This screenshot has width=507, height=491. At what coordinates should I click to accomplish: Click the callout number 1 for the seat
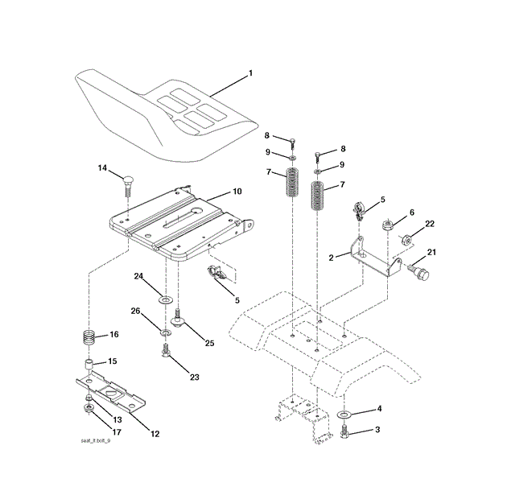coord(250,73)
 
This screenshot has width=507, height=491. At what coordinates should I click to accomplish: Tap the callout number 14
coord(101,167)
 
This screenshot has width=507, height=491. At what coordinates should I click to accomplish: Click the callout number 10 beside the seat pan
coord(237,192)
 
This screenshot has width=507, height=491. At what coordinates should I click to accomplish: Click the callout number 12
coord(155,434)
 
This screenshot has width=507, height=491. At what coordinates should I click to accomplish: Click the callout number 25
coord(209,343)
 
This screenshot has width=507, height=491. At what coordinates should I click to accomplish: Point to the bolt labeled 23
coord(165,353)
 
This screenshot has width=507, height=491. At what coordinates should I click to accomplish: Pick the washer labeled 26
coord(164,332)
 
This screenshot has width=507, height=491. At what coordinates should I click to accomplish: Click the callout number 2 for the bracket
coord(332,258)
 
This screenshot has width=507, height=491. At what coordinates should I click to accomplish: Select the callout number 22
coord(431,224)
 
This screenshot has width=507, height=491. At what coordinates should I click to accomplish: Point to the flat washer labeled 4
coord(346,415)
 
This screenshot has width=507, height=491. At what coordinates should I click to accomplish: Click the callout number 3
coord(377,431)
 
